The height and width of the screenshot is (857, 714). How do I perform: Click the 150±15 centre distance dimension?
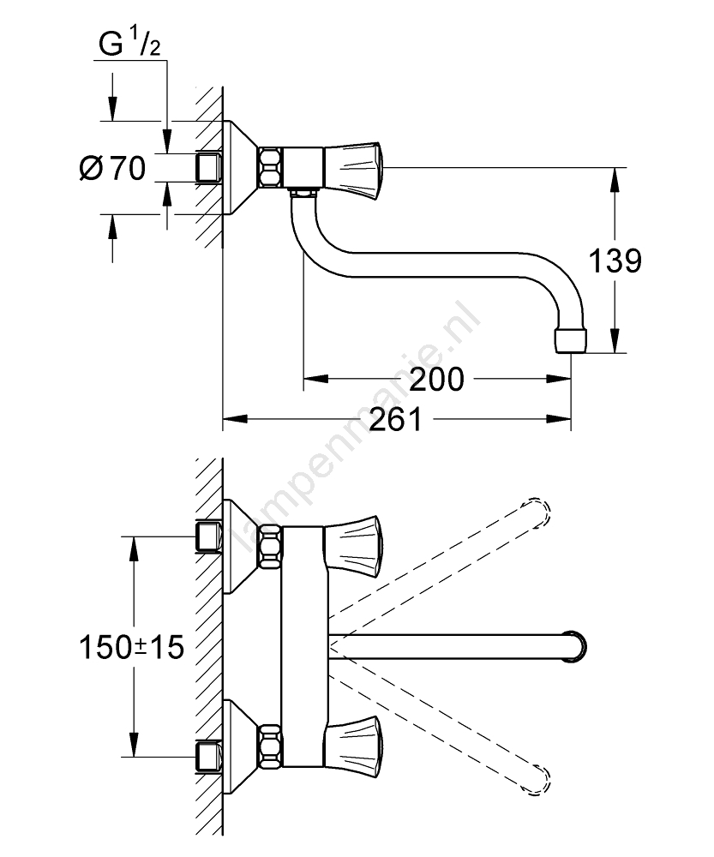(x=131, y=647)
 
